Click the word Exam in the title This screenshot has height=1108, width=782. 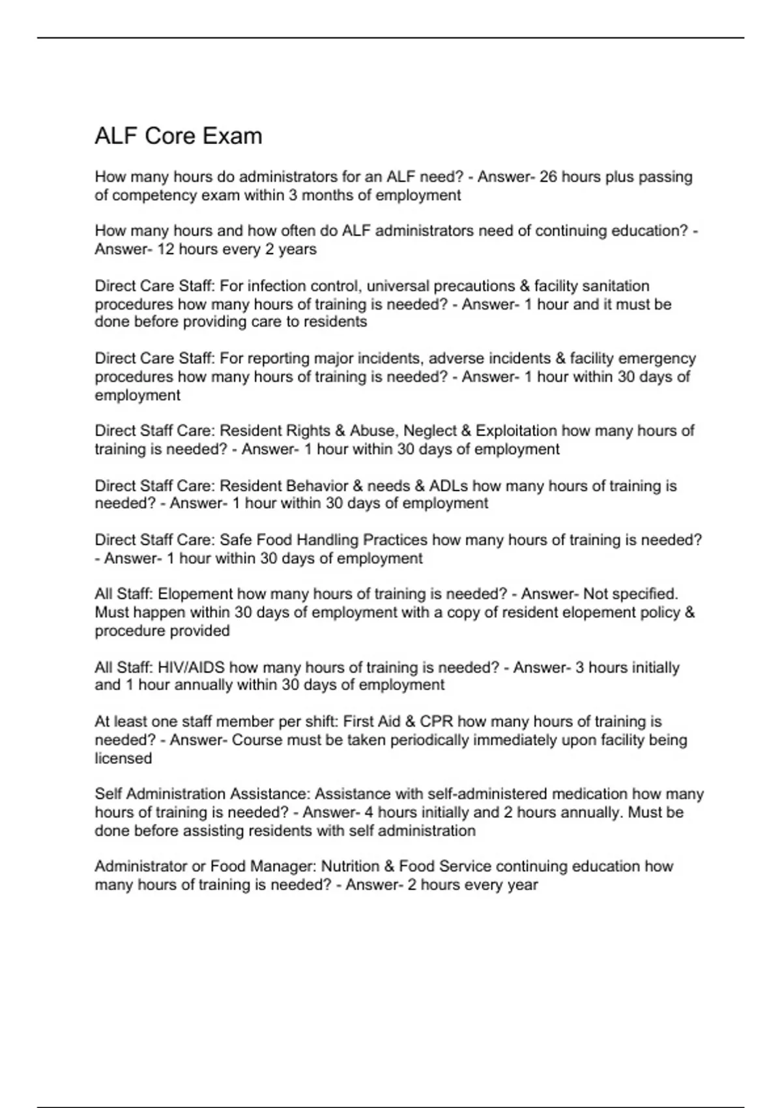(232, 136)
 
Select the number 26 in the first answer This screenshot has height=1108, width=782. (548, 177)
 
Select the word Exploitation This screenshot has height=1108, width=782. (516, 430)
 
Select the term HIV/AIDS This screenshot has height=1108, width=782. (192, 667)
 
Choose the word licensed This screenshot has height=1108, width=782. (123, 758)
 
